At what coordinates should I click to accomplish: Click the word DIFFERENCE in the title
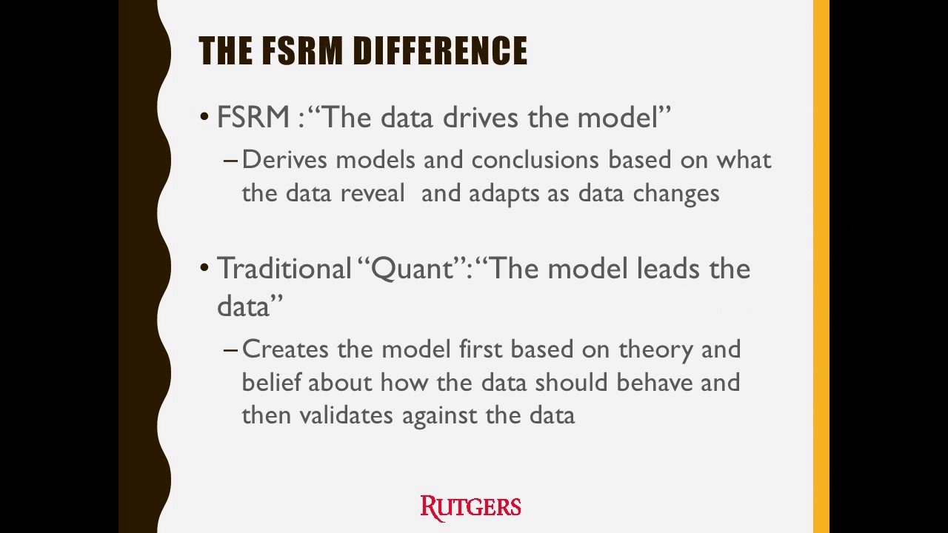440,51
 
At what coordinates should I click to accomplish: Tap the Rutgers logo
471,507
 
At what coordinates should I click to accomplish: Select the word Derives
284,160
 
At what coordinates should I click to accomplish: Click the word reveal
373,193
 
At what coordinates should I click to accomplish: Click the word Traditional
284,268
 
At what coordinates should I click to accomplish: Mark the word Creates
286,349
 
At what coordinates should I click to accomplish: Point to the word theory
657,349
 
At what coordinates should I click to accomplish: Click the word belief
272,382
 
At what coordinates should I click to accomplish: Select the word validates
347,415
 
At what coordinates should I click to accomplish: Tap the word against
440,415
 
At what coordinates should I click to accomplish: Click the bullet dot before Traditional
205,269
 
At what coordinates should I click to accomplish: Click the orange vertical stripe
821,266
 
